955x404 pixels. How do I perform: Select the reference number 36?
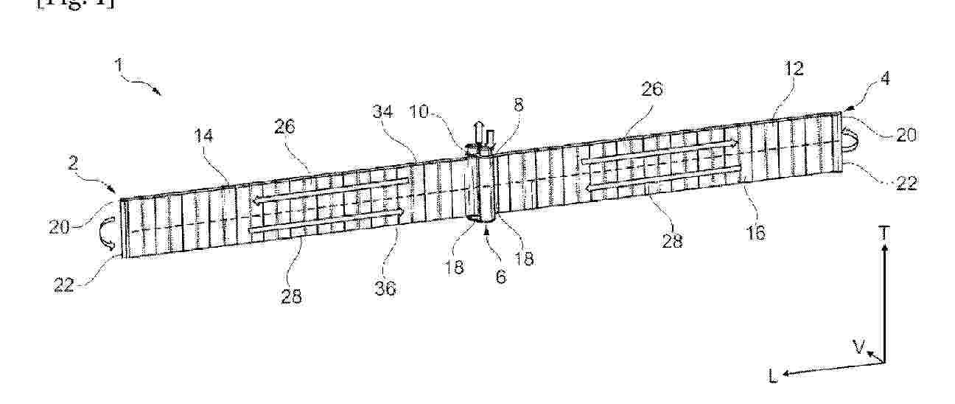(385, 289)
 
